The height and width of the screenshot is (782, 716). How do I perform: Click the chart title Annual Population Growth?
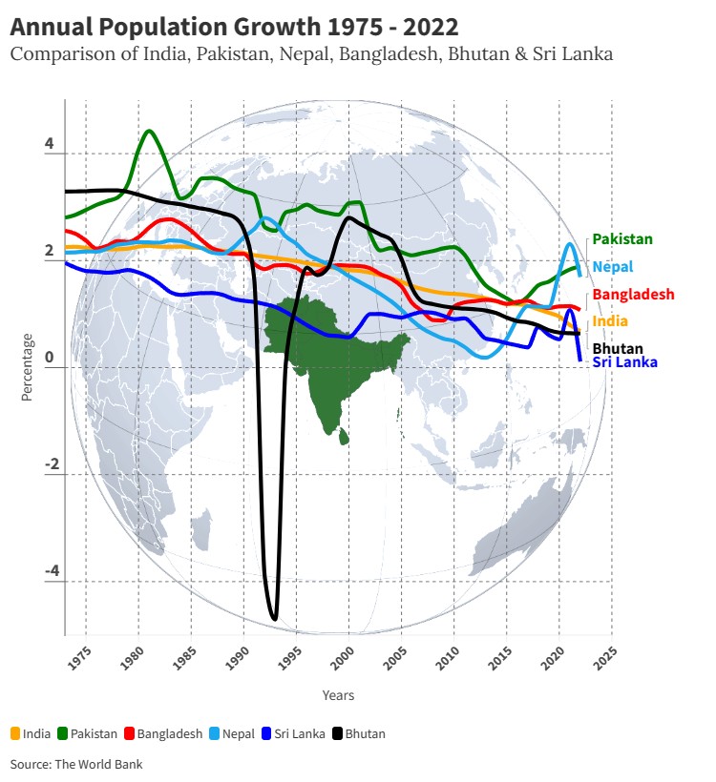(x=234, y=26)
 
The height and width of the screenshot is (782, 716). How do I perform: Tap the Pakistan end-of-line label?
(x=622, y=239)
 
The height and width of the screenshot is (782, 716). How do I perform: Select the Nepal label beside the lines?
(x=612, y=267)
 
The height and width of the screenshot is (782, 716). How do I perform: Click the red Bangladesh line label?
(x=633, y=295)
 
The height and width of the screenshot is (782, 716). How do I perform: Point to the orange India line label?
(x=610, y=321)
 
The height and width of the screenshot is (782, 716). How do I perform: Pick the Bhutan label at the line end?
(x=618, y=348)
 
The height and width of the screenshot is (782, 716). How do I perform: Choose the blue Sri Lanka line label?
(x=624, y=362)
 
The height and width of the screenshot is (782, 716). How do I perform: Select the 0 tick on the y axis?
(x=50, y=359)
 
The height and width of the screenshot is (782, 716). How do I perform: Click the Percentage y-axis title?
(x=27, y=366)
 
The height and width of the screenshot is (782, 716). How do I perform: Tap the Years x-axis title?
(x=338, y=695)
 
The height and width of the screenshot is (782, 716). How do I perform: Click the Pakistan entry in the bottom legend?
(x=94, y=734)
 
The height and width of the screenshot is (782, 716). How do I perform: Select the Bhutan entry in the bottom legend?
(x=365, y=734)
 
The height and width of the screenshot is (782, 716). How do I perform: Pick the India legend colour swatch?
(x=15, y=734)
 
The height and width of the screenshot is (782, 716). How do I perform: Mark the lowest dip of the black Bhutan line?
(x=275, y=619)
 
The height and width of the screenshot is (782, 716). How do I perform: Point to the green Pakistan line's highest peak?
(x=149, y=131)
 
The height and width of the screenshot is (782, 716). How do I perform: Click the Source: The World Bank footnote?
(x=76, y=764)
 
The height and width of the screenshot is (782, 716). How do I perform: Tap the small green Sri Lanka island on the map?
(x=345, y=438)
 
